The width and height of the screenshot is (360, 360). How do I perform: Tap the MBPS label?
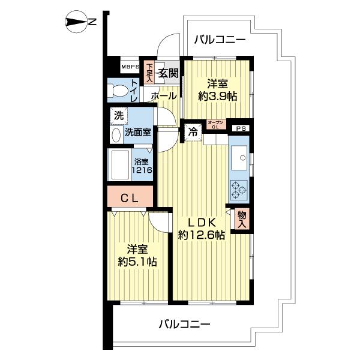point(130,66)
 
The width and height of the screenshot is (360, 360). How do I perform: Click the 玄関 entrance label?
point(168,73)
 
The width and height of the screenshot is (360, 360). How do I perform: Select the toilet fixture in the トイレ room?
point(119,92)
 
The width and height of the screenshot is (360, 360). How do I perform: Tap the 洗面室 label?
point(137,131)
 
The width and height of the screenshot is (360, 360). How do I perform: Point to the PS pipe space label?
point(240,128)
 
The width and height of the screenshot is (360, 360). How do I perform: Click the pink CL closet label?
point(130,197)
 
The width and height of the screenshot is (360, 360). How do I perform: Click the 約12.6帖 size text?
point(201,236)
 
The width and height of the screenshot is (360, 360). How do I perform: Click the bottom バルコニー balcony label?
point(184,325)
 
